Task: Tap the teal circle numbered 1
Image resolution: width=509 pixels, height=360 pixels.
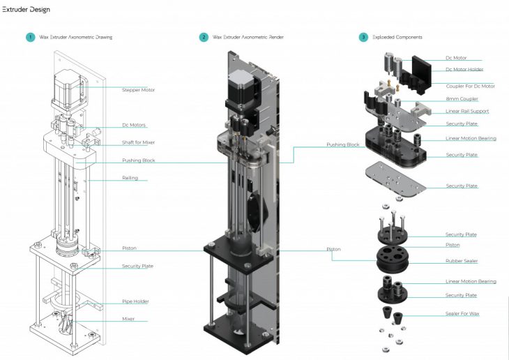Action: coord(30,37)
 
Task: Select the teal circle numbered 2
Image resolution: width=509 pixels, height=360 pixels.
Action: coord(204,37)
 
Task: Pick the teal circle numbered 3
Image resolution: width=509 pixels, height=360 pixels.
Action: coord(363,37)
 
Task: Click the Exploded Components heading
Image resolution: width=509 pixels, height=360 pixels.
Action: coord(397,37)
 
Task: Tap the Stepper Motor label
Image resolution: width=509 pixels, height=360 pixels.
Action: coord(138,89)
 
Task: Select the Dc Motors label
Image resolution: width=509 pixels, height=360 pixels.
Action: coord(135,125)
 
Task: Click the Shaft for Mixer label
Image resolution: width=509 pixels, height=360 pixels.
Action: coord(138,142)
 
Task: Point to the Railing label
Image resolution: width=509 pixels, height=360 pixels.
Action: coord(130,178)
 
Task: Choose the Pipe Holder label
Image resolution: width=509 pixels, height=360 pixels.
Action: coord(135,301)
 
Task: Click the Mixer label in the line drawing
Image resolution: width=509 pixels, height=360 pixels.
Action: coord(128,319)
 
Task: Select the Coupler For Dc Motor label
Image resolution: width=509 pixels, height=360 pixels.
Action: coord(470,86)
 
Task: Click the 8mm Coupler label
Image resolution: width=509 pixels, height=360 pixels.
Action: coord(461,98)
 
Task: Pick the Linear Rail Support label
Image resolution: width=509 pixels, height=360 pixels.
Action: coord(466,111)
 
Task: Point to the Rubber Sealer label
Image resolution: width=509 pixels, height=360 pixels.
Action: coord(462,261)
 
